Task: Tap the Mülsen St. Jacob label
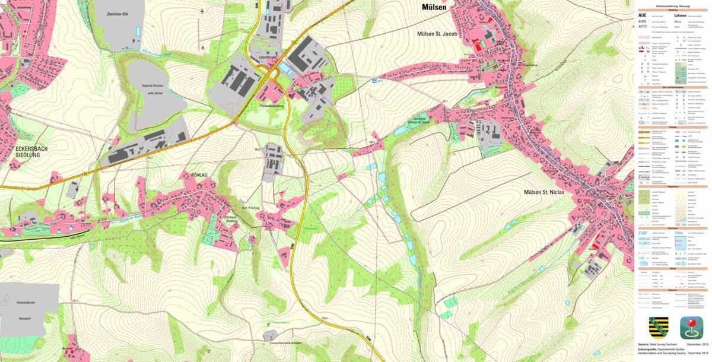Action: point(437,34)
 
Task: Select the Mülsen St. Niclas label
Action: point(545,192)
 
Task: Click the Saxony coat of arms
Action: point(656,328)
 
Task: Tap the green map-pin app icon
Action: point(691,328)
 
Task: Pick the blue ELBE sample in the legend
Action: point(643,232)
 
